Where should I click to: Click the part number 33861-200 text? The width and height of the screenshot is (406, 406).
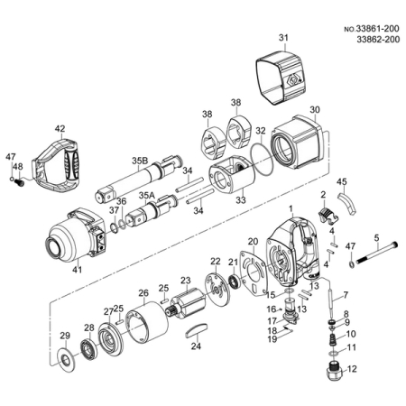(x=378, y=29)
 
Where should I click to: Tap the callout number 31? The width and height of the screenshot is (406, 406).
(x=283, y=38)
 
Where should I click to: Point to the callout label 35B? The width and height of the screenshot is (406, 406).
(x=140, y=161)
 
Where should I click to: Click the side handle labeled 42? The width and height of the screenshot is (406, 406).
(x=56, y=167)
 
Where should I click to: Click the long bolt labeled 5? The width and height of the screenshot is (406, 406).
(x=376, y=253)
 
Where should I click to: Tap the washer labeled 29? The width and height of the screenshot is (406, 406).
(x=64, y=358)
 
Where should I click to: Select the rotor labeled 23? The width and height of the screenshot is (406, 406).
(x=187, y=303)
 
